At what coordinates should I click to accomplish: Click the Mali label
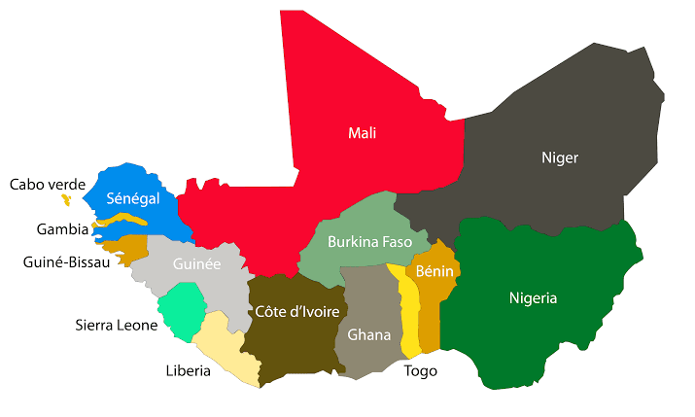362,133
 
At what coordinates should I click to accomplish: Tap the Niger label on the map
559,156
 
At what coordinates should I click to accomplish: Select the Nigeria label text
533,297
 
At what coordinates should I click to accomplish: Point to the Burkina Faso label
369,241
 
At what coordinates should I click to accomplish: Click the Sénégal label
133,198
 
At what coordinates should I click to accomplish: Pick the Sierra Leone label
117,325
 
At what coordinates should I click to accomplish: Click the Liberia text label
189,369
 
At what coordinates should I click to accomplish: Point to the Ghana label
368,334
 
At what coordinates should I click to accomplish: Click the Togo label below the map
421,370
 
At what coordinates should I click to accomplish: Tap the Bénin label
434,271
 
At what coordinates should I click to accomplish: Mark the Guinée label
196,263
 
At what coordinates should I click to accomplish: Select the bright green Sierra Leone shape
183,310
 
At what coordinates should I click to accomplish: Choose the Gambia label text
62,229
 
